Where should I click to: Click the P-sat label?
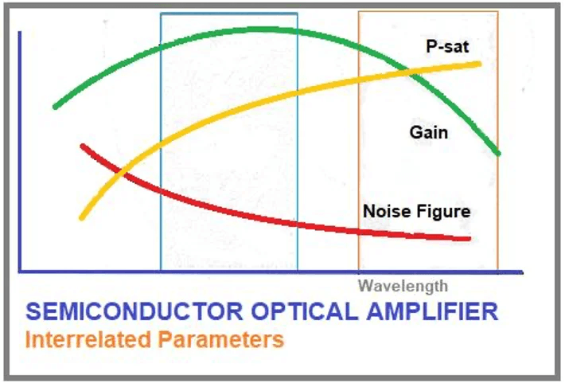(447, 47)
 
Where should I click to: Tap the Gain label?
(429, 132)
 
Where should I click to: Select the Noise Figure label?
(416, 211)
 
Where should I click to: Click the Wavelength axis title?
(403, 286)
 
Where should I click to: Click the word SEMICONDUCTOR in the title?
(134, 311)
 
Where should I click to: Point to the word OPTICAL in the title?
(305, 311)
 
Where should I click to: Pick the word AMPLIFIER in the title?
(432, 311)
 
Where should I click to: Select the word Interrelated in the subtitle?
(88, 339)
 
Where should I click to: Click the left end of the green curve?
(55, 107)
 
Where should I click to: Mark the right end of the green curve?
(499, 154)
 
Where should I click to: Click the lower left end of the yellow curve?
(81, 218)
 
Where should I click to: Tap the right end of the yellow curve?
(479, 64)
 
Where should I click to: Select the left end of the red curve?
(83, 146)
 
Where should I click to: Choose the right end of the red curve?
(469, 238)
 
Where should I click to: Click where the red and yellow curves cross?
(121, 173)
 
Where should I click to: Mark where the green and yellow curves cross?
(410, 71)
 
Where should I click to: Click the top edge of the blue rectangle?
(229, 14)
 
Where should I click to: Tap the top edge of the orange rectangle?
(428, 12)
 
